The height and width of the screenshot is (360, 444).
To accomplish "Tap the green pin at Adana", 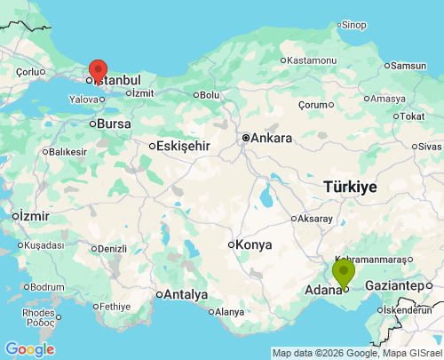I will [x=344, y=272].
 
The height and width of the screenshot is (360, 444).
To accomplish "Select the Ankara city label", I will [x=271, y=138].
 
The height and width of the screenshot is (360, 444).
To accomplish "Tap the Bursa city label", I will [x=114, y=124].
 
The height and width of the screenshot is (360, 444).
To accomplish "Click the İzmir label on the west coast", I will [x=36, y=216].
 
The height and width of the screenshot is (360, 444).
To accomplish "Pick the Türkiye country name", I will [x=350, y=187].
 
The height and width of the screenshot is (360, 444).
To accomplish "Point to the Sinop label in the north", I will [x=353, y=25].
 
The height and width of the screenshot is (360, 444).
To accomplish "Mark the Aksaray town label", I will [x=315, y=218].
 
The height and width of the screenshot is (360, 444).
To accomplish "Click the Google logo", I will [x=29, y=349].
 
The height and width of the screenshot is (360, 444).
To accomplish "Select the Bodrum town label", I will [x=46, y=287].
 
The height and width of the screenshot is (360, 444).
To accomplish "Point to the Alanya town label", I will [x=229, y=312].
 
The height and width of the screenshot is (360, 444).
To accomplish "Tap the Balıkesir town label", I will [x=67, y=152].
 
